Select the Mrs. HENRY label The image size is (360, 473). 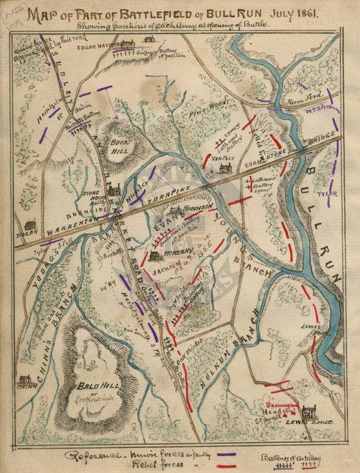point(175,255)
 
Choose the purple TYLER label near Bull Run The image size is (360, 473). point(325,193)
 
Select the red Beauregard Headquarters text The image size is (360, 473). point(285,412)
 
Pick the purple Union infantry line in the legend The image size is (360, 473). point(226,454)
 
